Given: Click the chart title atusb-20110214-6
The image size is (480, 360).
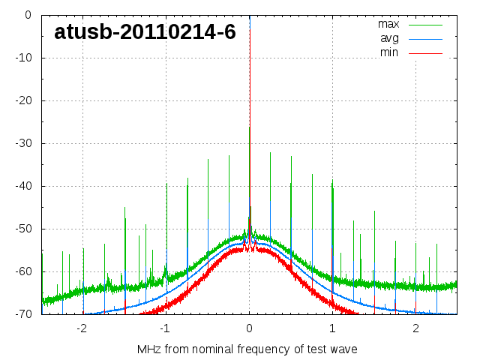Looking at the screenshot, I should (x=145, y=32).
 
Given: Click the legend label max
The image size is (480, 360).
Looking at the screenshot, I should (x=388, y=24).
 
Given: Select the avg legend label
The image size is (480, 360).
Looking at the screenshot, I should (x=388, y=38).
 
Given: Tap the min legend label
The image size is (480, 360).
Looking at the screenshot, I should (x=388, y=52).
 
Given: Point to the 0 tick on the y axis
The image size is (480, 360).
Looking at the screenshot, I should (x=28, y=15).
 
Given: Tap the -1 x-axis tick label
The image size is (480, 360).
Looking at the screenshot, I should (x=164, y=328).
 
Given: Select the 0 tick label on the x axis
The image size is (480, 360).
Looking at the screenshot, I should (x=249, y=328).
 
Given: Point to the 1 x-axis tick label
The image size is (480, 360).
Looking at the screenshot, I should (x=332, y=328).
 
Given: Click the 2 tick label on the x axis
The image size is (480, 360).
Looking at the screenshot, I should (x=415, y=328).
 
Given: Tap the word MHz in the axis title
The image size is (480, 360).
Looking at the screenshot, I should (x=149, y=349).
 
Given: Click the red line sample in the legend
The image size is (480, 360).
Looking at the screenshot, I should (x=426, y=53).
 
